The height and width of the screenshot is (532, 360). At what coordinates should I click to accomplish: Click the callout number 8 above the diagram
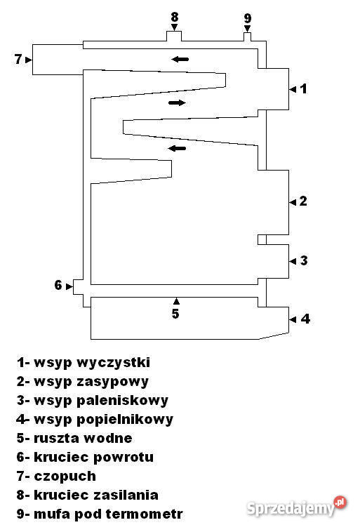tap(175, 16)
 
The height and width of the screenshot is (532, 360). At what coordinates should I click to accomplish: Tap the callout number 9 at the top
tap(248, 18)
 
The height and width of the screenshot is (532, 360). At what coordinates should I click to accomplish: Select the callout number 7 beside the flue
tap(18, 60)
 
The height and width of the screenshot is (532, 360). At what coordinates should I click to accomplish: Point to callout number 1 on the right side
tap(304, 88)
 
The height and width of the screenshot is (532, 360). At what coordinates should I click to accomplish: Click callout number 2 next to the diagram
tap(303, 201)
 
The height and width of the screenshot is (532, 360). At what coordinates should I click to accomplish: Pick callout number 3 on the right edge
tap(304, 260)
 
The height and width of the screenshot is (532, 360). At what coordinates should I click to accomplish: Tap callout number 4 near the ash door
tap(305, 319)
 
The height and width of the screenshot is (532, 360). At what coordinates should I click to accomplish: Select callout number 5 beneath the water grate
tap(175, 314)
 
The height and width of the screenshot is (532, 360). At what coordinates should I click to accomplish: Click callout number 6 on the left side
tap(58, 285)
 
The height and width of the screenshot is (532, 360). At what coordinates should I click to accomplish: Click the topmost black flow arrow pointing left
tap(180, 60)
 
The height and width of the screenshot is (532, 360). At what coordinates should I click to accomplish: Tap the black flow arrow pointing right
tap(177, 102)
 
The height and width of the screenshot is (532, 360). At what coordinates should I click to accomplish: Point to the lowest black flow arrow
tap(177, 148)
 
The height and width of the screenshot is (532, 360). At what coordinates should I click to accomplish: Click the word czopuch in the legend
tap(65, 477)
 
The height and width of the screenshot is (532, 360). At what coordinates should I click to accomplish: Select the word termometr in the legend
tap(145, 514)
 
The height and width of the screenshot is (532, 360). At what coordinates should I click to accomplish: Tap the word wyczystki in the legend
tap(113, 363)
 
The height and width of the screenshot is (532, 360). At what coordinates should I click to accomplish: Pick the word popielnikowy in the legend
tap(125, 420)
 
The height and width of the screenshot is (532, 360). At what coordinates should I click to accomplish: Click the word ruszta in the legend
tap(56, 439)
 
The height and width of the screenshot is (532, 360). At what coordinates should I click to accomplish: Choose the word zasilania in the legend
tap(126, 495)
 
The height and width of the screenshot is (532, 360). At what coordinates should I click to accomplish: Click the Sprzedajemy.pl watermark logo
tap(296, 507)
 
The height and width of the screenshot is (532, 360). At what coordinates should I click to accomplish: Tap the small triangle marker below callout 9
tap(248, 28)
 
